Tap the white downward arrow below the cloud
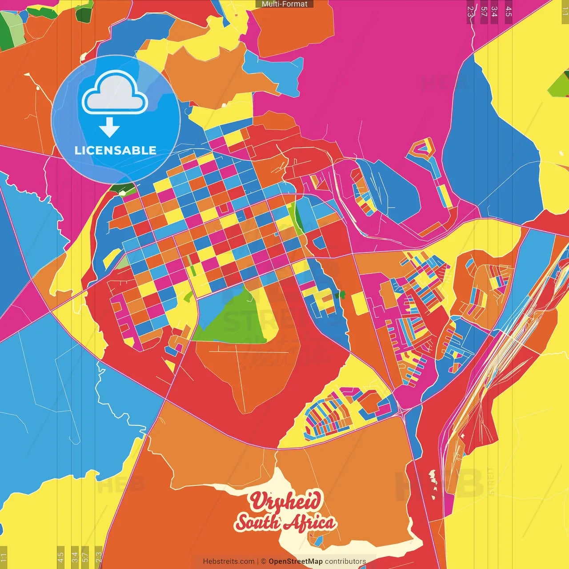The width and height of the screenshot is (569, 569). click(x=109, y=127)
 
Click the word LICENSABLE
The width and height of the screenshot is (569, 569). click(x=116, y=150)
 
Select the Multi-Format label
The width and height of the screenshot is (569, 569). click(x=284, y=4)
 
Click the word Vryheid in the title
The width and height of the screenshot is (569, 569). click(x=285, y=501)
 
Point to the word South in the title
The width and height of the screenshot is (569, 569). click(x=258, y=522)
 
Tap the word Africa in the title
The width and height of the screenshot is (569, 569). click(x=309, y=523)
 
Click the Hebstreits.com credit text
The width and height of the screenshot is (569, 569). click(x=228, y=561)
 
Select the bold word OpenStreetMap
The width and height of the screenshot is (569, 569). click(x=296, y=561)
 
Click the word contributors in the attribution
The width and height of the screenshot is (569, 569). click(x=345, y=561)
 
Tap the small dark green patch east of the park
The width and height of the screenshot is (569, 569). click(x=341, y=295)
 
